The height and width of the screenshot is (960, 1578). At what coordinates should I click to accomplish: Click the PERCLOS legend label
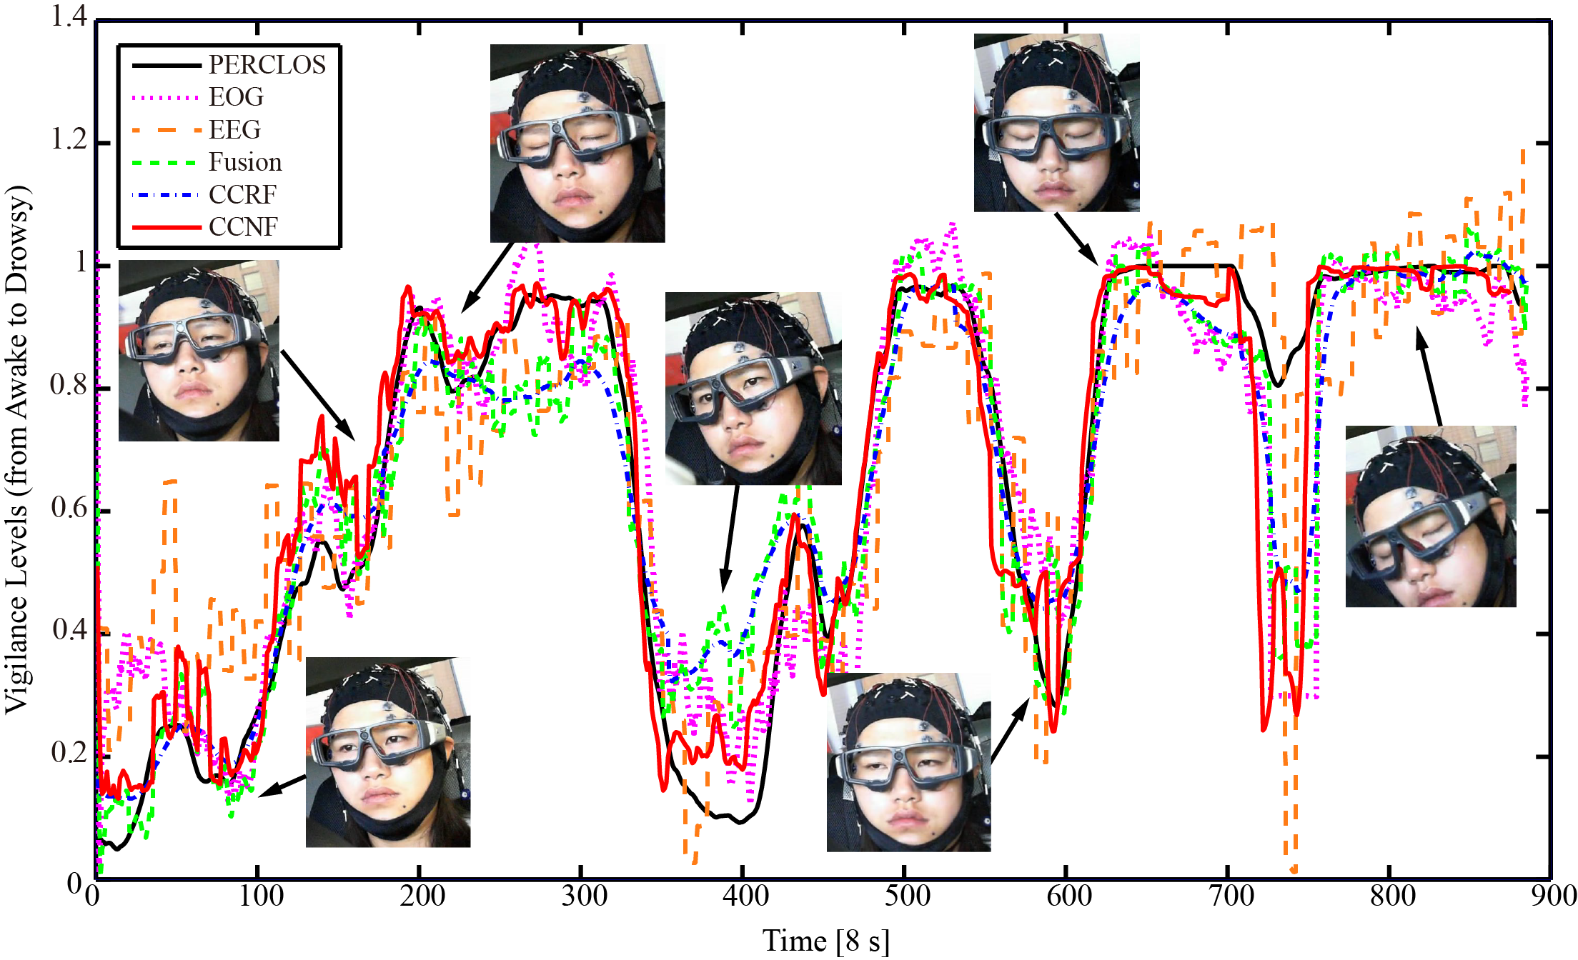(267, 65)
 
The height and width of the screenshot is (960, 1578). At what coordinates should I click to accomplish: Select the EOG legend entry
(236, 97)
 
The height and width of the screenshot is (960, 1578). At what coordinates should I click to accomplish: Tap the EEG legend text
(234, 130)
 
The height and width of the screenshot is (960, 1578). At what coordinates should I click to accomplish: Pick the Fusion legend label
(245, 162)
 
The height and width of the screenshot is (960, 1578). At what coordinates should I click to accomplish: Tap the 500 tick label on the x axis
(907, 896)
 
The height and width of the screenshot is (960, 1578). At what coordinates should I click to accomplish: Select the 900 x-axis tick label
(1554, 896)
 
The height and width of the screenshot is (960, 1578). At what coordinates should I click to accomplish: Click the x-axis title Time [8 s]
(826, 941)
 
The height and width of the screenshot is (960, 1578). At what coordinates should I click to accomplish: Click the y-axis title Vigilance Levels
(17, 450)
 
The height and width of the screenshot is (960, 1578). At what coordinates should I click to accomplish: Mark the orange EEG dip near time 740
(1293, 868)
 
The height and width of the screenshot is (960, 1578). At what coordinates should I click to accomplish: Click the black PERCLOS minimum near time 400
(741, 821)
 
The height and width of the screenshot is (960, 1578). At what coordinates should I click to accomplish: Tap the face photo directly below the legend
(199, 350)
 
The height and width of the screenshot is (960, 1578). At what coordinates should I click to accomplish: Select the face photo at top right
(1056, 122)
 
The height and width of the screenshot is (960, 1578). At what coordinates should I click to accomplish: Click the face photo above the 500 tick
(908, 762)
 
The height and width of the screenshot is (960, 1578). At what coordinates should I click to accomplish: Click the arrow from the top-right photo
(1076, 239)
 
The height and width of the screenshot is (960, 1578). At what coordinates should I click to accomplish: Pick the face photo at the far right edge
(1430, 516)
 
